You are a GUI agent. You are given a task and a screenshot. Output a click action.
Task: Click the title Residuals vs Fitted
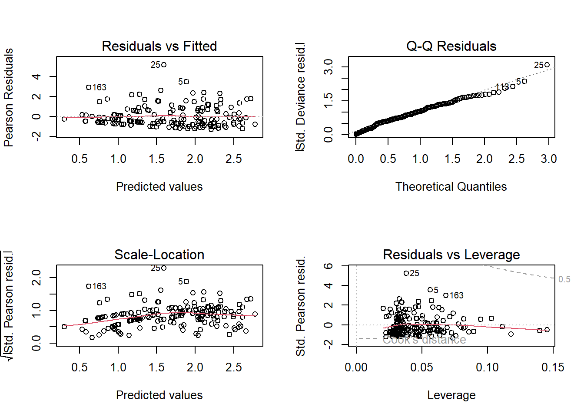[x=159, y=46]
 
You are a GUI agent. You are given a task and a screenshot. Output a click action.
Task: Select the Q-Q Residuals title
[x=451, y=46]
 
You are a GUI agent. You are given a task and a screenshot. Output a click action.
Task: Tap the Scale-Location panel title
[x=159, y=255]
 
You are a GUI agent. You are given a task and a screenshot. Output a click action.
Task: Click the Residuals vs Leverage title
[x=451, y=255]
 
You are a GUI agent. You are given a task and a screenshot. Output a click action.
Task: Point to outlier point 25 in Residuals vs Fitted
[x=164, y=65]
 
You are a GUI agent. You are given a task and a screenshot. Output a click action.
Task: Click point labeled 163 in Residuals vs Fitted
[x=89, y=87]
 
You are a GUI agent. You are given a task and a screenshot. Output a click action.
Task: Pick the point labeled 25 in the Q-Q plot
[x=547, y=65]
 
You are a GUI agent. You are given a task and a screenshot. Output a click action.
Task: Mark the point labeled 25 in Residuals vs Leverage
[x=406, y=273]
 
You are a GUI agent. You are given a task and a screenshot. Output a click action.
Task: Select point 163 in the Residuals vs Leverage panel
[x=446, y=295]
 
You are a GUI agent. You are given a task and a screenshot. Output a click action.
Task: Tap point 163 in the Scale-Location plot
[x=89, y=286]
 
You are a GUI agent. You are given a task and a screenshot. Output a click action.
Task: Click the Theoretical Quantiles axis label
[x=451, y=187]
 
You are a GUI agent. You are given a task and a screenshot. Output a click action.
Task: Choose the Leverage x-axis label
[x=451, y=395]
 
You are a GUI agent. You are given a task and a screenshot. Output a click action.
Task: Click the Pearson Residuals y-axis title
[x=9, y=97]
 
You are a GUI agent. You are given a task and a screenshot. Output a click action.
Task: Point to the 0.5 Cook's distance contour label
[x=564, y=279]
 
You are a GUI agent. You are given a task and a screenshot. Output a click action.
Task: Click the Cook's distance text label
[x=424, y=340]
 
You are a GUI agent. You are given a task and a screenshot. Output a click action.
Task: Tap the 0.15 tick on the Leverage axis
[x=553, y=367]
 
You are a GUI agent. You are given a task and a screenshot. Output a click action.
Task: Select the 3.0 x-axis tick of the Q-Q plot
[x=548, y=159]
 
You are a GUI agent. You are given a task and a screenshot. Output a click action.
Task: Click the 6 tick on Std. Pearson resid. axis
[x=329, y=266]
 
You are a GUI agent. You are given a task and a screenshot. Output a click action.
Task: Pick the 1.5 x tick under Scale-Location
[x=156, y=367]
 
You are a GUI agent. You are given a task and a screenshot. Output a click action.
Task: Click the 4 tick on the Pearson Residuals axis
[x=37, y=77]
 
